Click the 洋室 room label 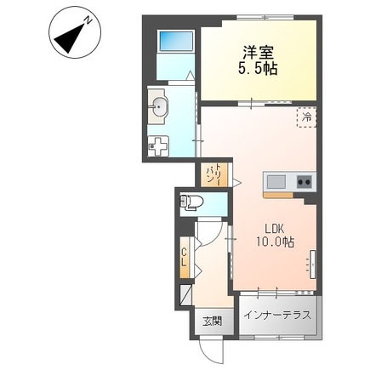click(258, 54)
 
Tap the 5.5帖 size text click(258, 68)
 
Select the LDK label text click(275, 228)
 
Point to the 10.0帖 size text click(275, 242)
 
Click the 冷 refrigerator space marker click(306, 117)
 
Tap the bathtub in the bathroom click(176, 41)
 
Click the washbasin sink click(159, 106)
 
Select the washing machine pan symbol click(158, 146)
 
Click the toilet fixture click(191, 202)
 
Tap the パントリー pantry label click(214, 174)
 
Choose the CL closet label click(185, 257)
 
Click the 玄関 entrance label click(212, 322)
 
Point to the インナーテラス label click(277, 316)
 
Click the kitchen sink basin click(276, 182)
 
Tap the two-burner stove click(305, 182)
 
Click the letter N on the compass click(88, 20)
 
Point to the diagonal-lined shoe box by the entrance click(185, 294)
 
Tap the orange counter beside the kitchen click(278, 195)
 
